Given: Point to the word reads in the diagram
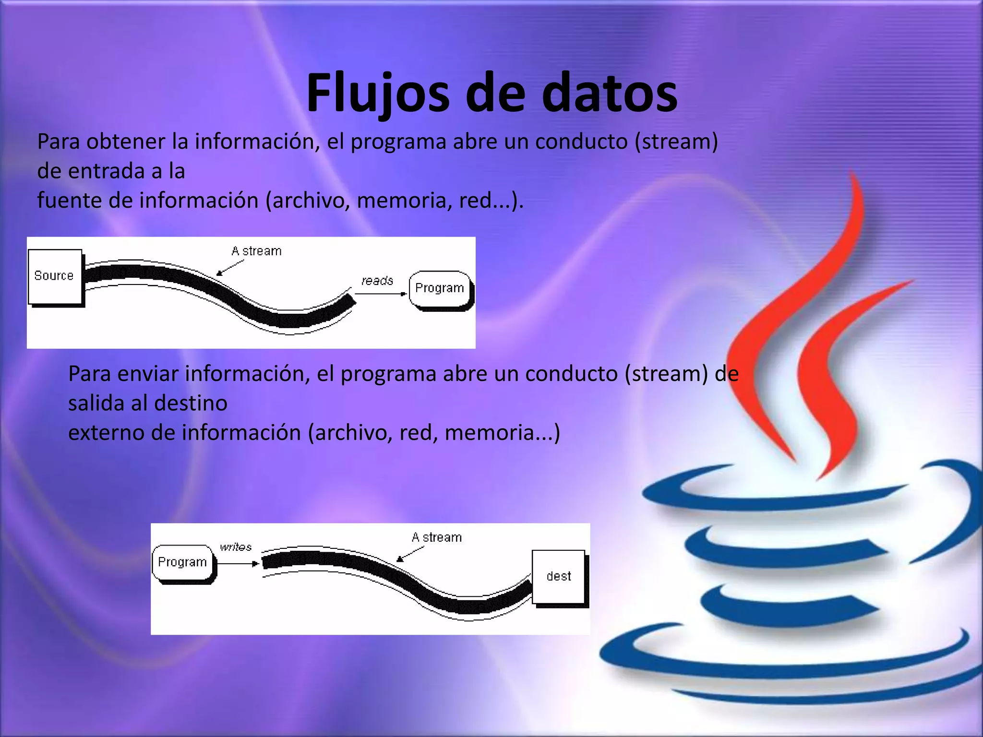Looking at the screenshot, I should [x=377, y=281].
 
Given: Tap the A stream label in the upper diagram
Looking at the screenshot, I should [x=256, y=251].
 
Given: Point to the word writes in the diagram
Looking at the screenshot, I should [x=236, y=547].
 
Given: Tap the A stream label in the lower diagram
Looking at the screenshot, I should [x=437, y=537].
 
